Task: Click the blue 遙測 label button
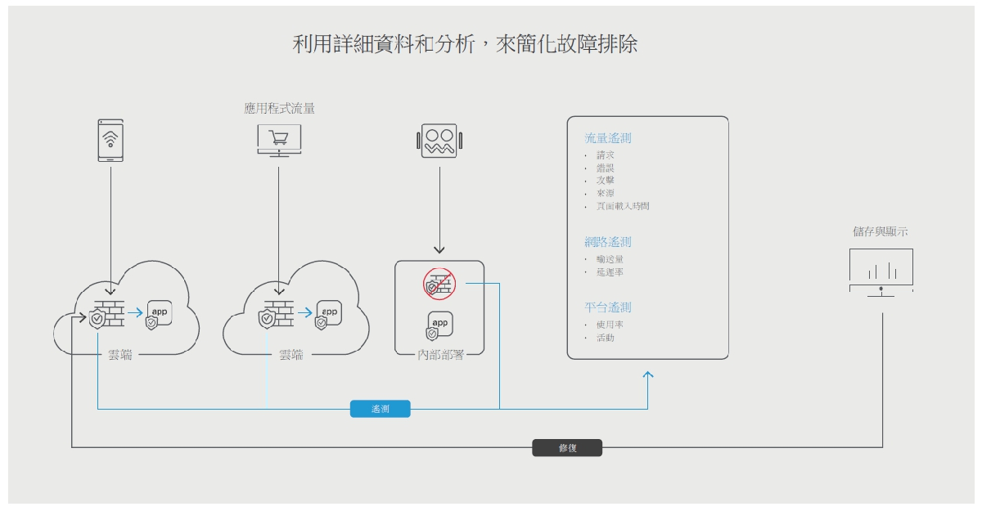(380, 409)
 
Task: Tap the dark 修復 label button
(567, 448)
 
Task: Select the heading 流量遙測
(607, 138)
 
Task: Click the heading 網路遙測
(607, 242)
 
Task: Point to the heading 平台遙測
(607, 307)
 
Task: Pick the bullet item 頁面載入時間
(623, 206)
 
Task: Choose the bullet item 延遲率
(610, 272)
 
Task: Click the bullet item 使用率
(610, 325)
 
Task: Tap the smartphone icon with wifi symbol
(110, 140)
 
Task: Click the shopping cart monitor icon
(278, 139)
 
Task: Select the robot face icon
(439, 141)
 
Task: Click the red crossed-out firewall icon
(439, 284)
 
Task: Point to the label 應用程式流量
(279, 108)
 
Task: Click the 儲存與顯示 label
(880, 231)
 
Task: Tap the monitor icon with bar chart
(881, 271)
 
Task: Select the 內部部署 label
(439, 355)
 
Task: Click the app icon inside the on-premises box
(439, 325)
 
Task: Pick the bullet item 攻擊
(606, 180)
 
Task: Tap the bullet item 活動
(606, 338)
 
